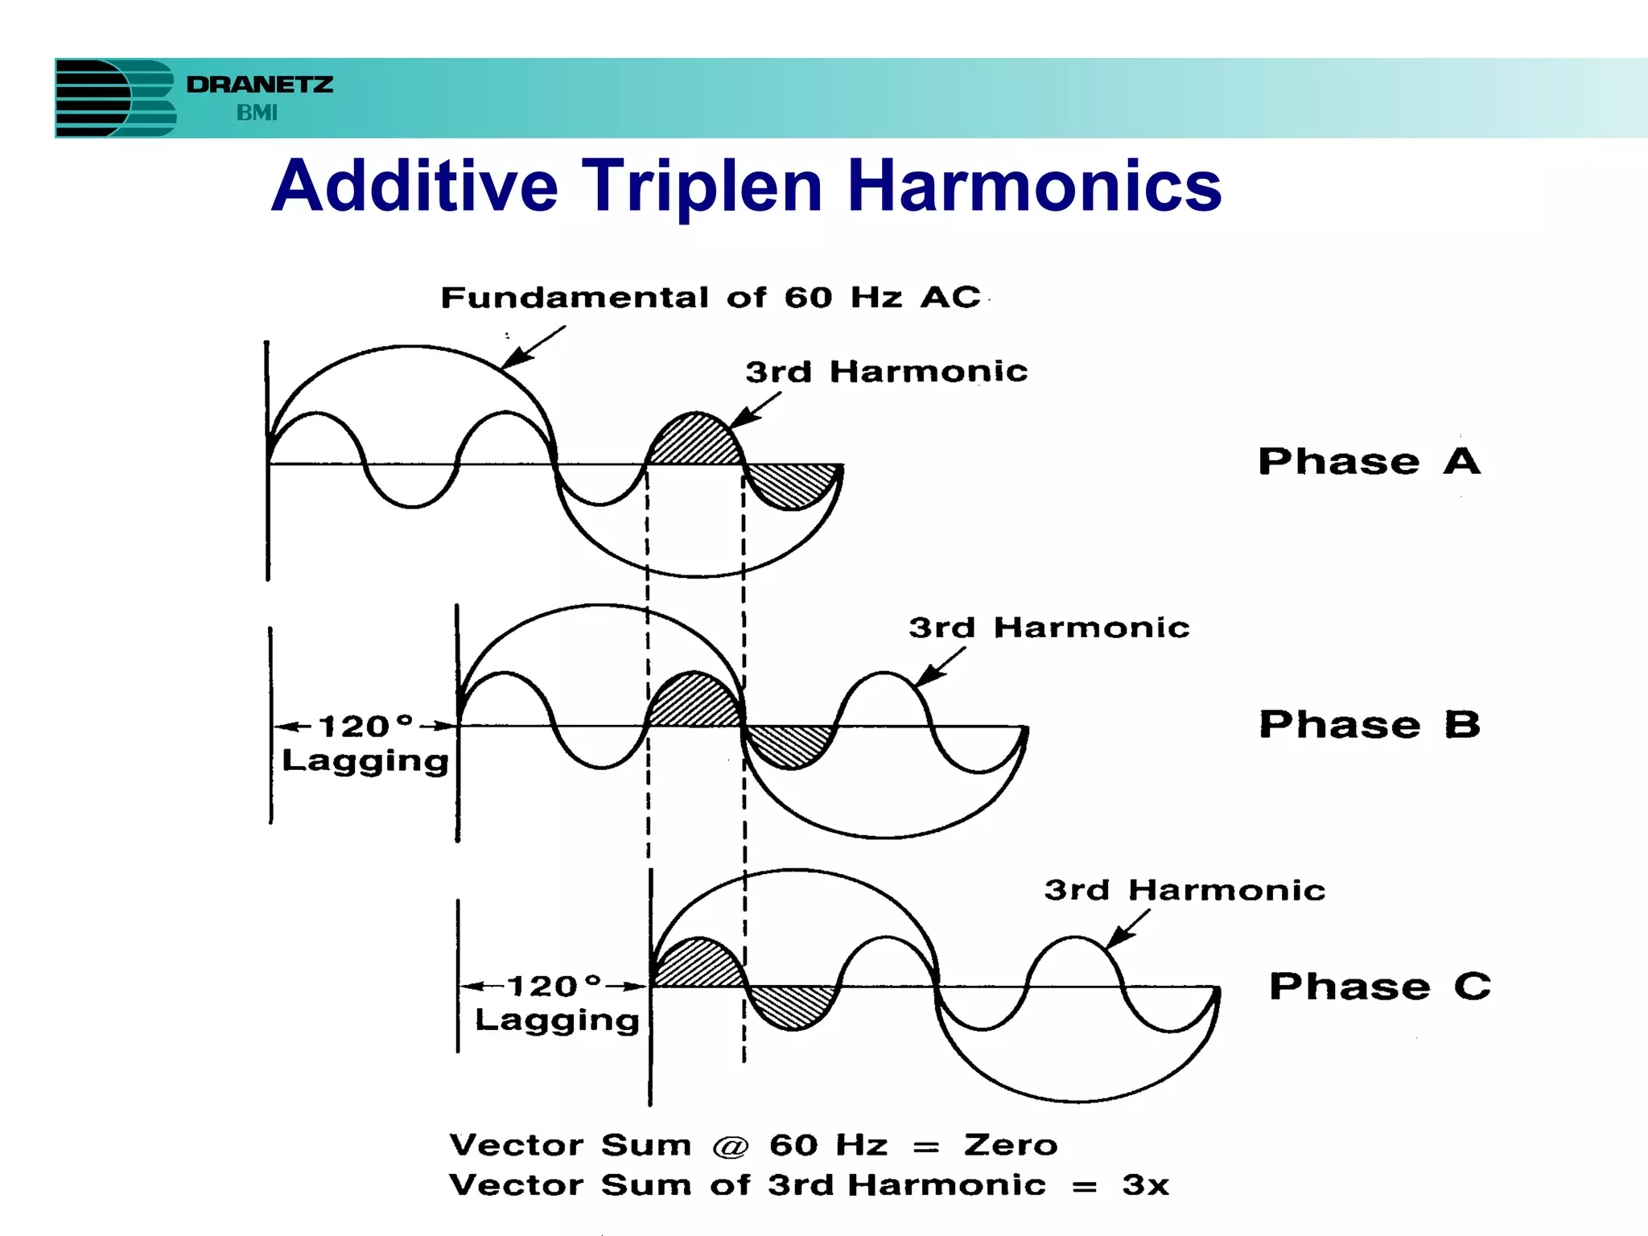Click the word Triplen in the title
click(702, 186)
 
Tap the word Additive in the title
click(414, 186)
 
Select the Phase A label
click(1369, 462)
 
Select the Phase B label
click(1370, 724)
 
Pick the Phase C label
click(1379, 987)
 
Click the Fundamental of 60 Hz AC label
click(711, 298)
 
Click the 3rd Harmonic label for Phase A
click(886, 372)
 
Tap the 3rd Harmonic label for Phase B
click(1049, 628)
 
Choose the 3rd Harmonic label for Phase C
click(1184, 890)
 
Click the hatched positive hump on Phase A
click(695, 442)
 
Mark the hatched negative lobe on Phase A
click(793, 484)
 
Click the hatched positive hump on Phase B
click(694, 702)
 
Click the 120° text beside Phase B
click(366, 726)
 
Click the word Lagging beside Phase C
click(557, 1020)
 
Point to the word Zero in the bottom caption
click(1011, 1145)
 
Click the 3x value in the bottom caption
click(1145, 1185)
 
